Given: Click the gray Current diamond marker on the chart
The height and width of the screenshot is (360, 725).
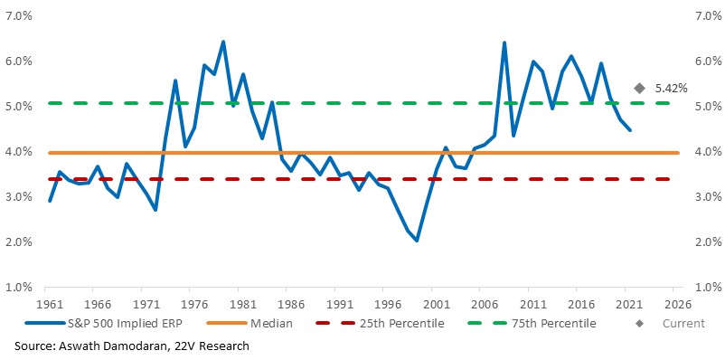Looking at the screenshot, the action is (x=639, y=89).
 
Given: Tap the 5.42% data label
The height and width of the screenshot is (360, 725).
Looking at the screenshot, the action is (x=671, y=89).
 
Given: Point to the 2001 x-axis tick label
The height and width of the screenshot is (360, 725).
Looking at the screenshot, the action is (x=431, y=305).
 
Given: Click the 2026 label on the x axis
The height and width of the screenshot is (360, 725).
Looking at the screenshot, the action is (x=673, y=305).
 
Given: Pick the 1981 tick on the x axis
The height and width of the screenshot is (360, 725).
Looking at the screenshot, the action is (x=238, y=305).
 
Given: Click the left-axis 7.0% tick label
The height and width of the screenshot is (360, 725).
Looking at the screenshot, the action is (x=18, y=16).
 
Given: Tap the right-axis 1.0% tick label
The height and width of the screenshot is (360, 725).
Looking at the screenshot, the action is (x=708, y=288).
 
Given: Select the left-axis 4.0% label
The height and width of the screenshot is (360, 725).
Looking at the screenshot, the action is (x=18, y=152).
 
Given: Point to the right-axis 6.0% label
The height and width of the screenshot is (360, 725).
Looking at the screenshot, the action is (x=708, y=62).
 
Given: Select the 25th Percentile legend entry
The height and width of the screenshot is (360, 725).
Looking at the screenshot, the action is (x=379, y=323).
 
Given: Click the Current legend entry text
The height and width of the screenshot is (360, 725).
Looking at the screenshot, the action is (x=683, y=323).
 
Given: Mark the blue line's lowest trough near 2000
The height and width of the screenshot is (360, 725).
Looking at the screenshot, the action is (x=417, y=241).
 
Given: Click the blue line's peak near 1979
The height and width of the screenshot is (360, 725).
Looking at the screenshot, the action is (x=223, y=43).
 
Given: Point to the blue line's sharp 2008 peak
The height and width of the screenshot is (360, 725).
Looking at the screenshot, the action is (x=504, y=43).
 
